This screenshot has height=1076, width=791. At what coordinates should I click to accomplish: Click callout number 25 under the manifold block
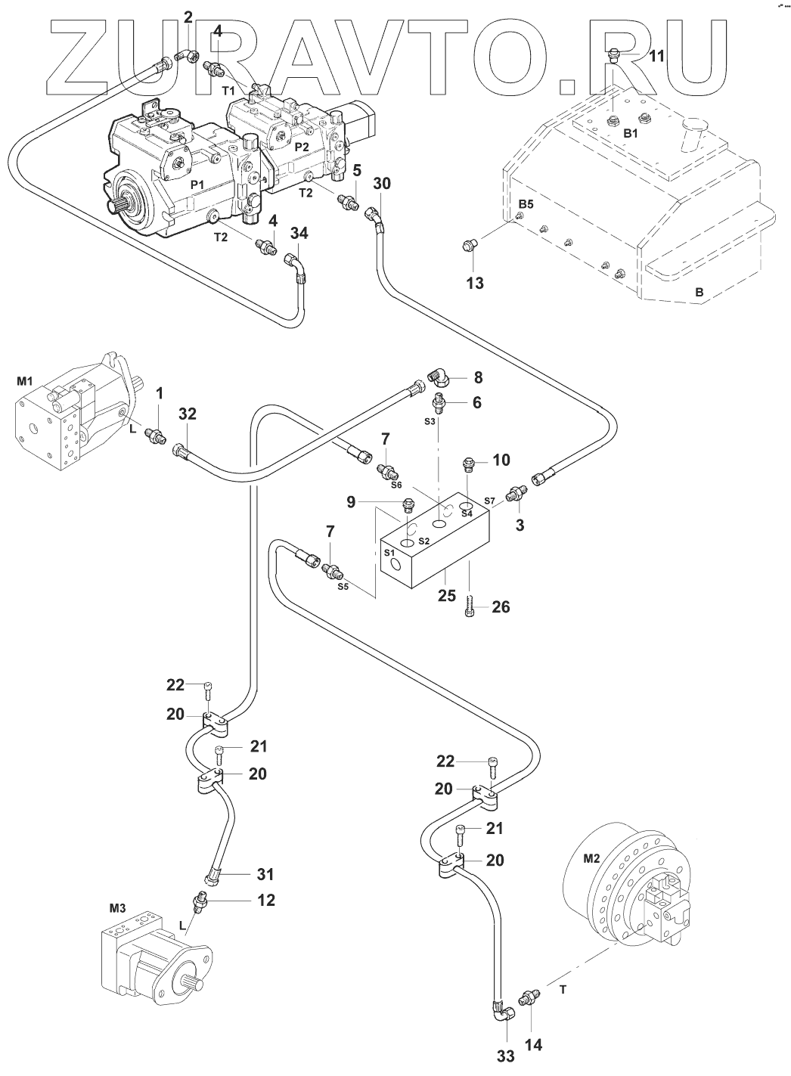(x=447, y=596)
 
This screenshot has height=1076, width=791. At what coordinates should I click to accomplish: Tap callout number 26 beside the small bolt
(x=501, y=606)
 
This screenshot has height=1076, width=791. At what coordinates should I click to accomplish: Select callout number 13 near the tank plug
(x=475, y=284)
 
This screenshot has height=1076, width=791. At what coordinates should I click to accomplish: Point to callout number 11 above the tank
(x=657, y=55)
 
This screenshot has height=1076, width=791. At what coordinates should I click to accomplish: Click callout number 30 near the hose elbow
(x=383, y=183)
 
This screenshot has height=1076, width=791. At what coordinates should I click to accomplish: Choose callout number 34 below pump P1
(x=299, y=234)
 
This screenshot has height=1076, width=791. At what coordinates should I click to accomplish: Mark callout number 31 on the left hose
(x=265, y=874)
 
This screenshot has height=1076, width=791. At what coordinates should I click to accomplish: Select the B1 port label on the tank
(x=610, y=133)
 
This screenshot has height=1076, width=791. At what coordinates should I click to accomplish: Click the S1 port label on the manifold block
(x=389, y=554)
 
